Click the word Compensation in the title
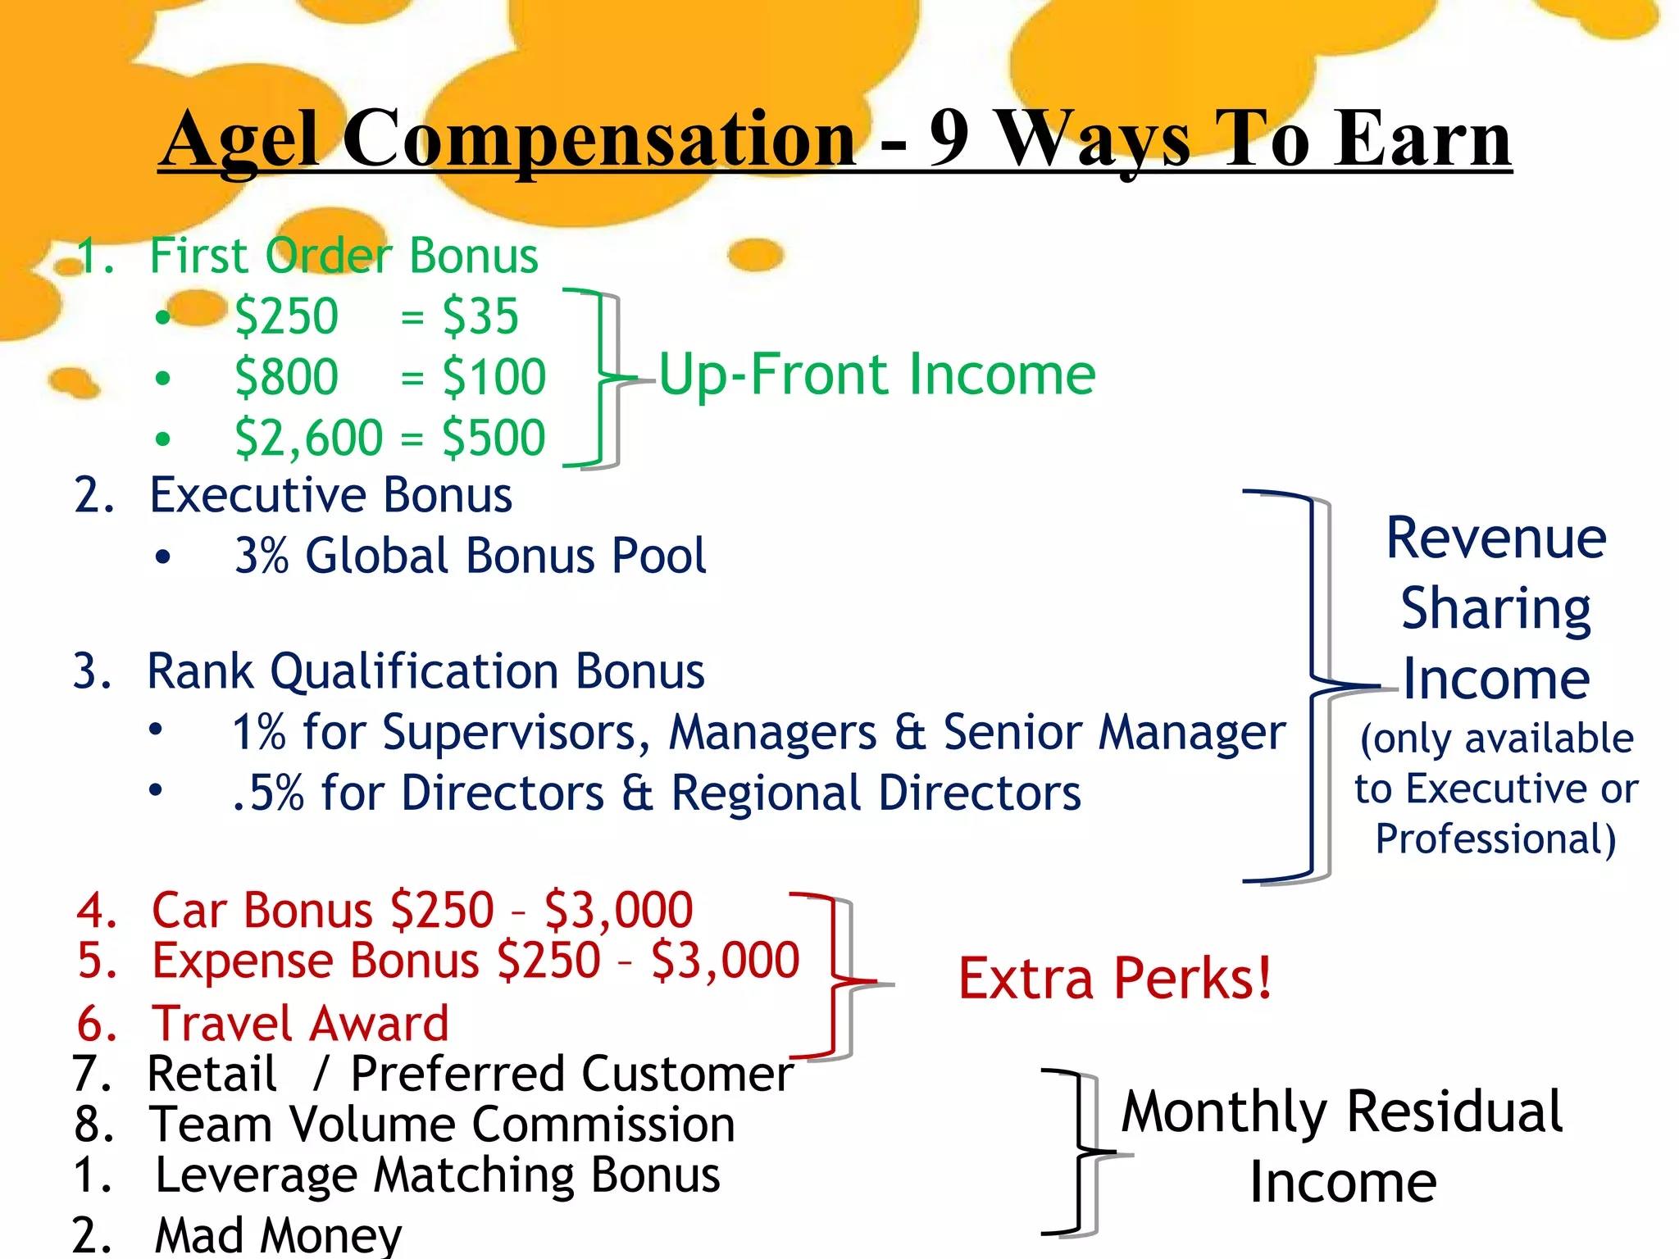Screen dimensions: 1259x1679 coord(598,139)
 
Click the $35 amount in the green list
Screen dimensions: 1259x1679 coord(480,316)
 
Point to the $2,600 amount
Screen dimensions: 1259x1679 coord(308,438)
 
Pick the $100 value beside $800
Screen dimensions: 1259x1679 coord(494,377)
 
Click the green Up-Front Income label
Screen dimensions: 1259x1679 coord(876,375)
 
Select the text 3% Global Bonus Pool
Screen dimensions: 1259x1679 coord(470,557)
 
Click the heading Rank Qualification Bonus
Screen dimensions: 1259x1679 coord(425,672)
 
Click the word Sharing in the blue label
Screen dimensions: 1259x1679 coord(1495,609)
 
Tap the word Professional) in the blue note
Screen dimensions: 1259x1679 coord(1495,839)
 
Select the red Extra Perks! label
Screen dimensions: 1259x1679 coord(1115,979)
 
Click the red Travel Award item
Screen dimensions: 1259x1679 coord(300,1024)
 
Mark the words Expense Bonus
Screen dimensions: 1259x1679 coord(316,961)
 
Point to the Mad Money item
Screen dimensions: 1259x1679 coord(278,1234)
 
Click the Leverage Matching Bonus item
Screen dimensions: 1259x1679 coord(437,1175)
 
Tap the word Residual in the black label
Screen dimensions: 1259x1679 coord(1454,1112)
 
